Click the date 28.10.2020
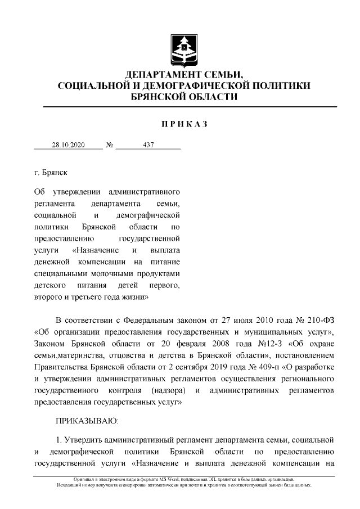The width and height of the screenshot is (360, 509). click(x=68, y=145)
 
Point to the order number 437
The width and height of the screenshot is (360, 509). click(x=148, y=145)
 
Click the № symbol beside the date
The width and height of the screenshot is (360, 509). click(x=109, y=145)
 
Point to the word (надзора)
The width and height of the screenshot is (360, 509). click(x=168, y=390)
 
